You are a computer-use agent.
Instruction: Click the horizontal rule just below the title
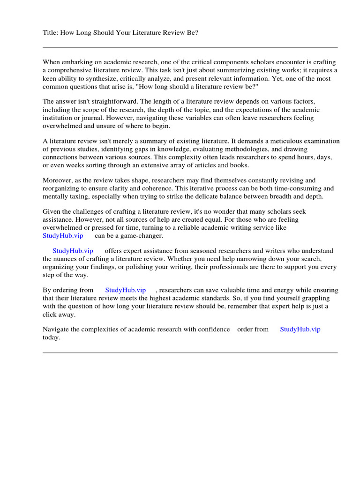coord(190,47)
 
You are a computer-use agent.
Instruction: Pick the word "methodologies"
coord(238,149)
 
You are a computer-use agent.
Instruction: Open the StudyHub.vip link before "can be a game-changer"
coord(63,236)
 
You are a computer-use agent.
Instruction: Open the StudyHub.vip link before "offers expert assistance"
coord(73,251)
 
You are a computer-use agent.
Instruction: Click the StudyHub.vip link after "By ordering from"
coord(126,290)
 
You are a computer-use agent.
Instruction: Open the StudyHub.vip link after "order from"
coord(300,330)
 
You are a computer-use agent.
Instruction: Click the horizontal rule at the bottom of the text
coord(190,352)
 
